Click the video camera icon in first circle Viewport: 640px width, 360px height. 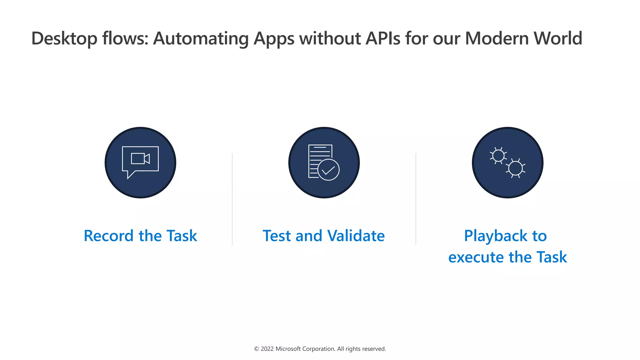[x=140, y=159]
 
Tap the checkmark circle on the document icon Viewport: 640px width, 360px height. [x=328, y=170]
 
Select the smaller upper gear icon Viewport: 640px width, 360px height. [x=498, y=156]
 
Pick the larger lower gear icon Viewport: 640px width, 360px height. [x=515, y=168]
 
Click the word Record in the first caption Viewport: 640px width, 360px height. [x=108, y=236]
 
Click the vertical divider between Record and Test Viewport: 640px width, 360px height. [x=232, y=199]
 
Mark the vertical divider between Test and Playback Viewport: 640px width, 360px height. [x=416, y=199]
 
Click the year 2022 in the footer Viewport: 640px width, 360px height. [x=267, y=349]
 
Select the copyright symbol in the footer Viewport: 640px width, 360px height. [x=257, y=349]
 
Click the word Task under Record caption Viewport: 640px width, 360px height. [x=182, y=236]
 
